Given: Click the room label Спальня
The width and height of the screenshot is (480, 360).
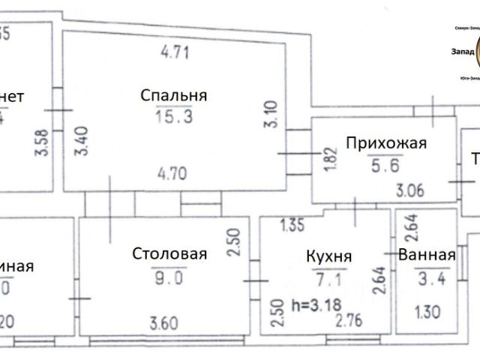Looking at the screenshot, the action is pos(173,95).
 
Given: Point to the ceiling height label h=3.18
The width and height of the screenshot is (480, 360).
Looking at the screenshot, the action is pos(310,306).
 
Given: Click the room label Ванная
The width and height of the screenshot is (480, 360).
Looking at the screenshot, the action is pos(427,255).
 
